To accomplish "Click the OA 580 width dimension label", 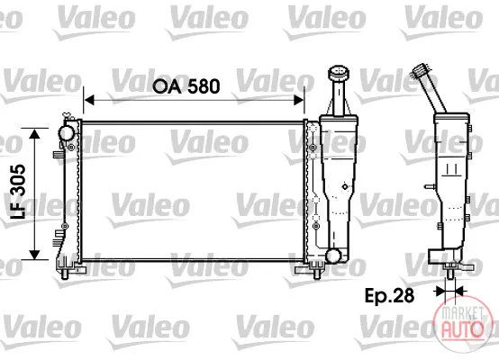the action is (186, 86).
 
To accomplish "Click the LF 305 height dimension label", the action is (18, 192).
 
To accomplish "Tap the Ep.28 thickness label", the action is (389, 295).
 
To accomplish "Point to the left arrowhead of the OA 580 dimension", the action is (89, 100).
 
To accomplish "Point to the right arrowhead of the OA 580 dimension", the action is (299, 100).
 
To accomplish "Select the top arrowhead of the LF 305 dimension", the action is (34, 133).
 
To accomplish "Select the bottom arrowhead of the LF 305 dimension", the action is (34, 255).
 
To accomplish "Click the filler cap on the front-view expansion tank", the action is (339, 73).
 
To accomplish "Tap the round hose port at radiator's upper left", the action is (66, 133).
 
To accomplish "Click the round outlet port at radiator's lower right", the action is (333, 256).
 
